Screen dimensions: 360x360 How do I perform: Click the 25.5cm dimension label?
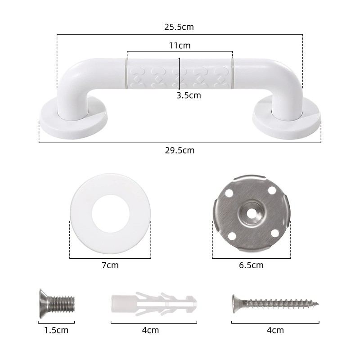pos(179,27)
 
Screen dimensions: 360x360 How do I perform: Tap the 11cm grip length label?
pos(179,45)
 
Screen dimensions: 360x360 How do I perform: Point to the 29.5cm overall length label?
pos(180,150)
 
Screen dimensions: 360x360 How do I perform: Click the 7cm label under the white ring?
pos(110,265)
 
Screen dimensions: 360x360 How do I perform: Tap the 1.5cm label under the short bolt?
pos(56,330)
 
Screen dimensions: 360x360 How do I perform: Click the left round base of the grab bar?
pos(73,119)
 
